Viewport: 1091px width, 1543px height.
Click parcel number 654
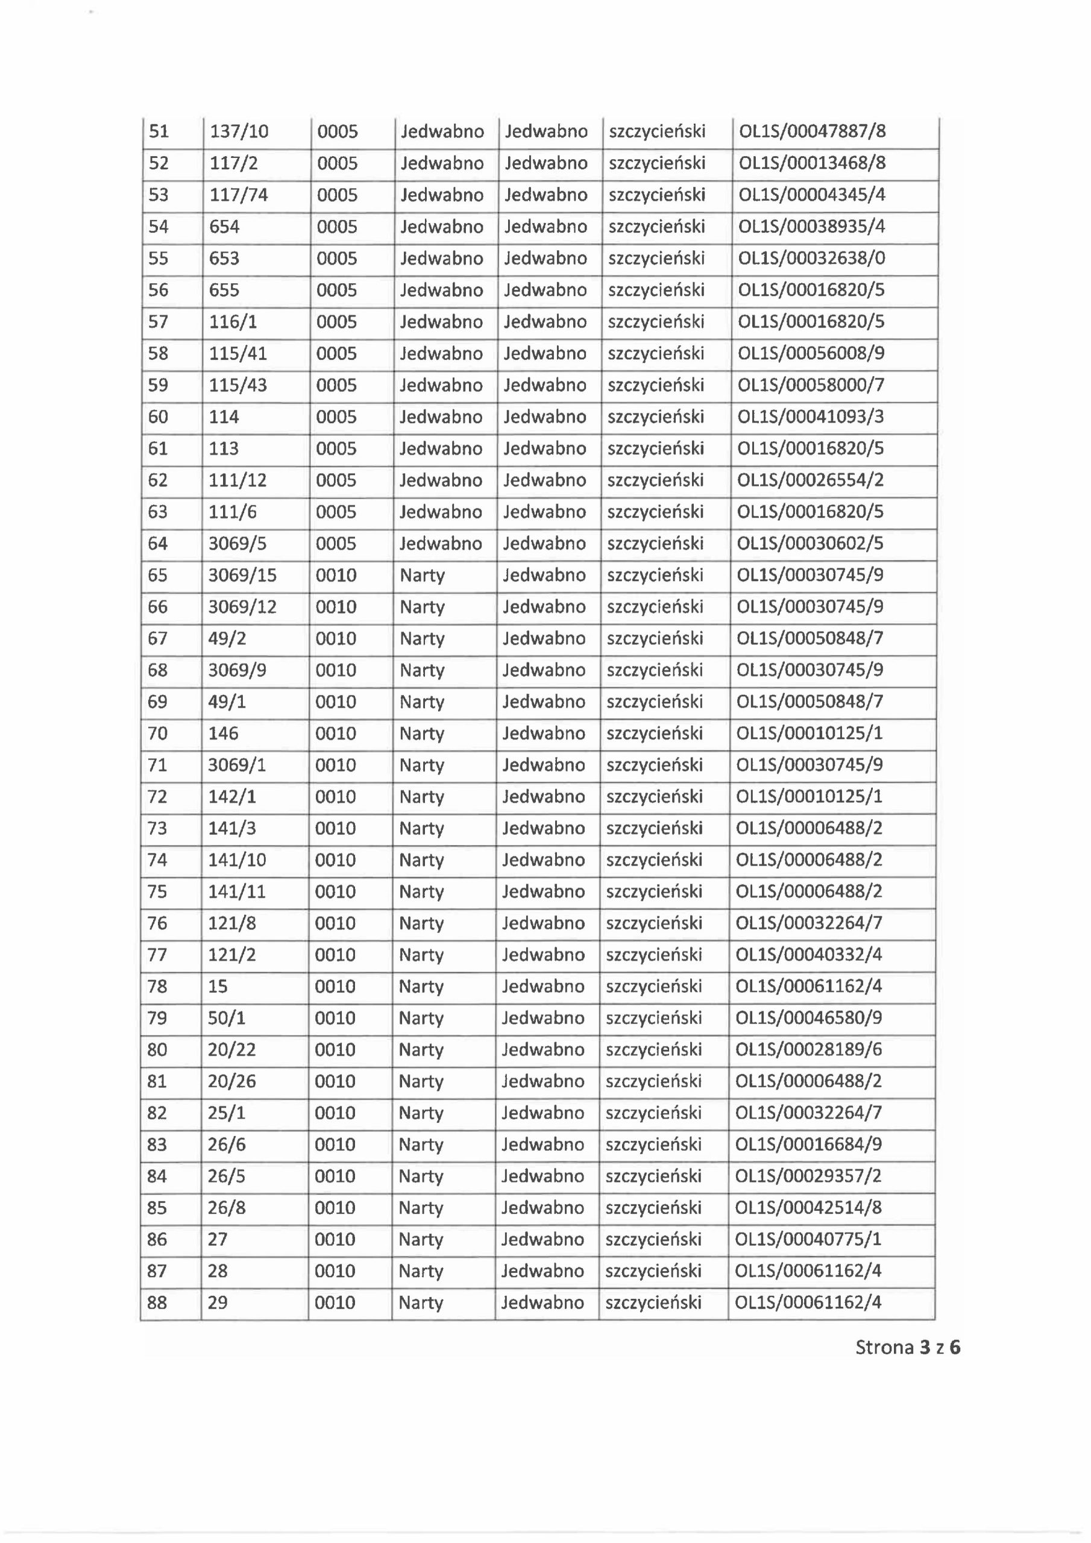point(224,227)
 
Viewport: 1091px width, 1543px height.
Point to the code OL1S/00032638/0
point(811,258)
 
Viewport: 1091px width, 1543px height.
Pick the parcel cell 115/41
point(238,353)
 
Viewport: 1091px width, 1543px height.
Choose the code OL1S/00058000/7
point(811,385)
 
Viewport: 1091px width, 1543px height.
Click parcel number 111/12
point(237,480)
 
